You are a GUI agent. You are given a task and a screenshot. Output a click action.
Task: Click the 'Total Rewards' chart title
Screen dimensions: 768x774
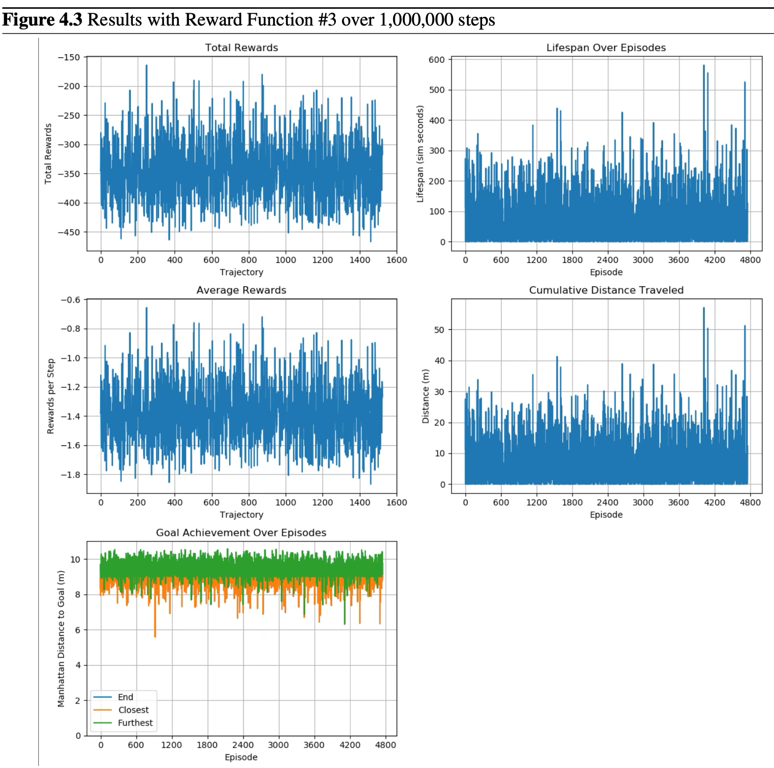point(241,48)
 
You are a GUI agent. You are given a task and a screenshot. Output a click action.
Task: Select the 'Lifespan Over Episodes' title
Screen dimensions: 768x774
point(606,48)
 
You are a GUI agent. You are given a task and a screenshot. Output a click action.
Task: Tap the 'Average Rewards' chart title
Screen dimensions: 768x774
point(241,290)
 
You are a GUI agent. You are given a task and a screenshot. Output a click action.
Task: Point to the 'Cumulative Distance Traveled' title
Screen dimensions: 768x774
point(606,290)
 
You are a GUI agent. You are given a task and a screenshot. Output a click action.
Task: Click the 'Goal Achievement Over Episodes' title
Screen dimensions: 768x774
point(241,532)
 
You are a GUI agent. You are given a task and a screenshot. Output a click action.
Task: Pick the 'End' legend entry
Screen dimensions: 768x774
point(125,697)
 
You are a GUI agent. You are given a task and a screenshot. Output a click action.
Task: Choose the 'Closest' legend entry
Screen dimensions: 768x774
point(133,710)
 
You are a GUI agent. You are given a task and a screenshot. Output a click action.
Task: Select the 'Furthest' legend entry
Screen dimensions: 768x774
point(135,722)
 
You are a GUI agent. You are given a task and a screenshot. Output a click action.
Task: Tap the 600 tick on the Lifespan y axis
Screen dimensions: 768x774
point(437,59)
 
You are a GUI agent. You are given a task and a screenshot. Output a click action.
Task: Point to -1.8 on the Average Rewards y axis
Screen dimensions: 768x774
point(71,475)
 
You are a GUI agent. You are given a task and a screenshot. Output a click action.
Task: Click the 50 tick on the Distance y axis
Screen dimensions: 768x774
point(439,330)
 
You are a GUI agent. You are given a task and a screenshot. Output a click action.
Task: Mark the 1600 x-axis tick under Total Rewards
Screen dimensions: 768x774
point(396,260)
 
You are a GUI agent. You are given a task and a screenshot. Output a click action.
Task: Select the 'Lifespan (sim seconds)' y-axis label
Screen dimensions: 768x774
point(420,154)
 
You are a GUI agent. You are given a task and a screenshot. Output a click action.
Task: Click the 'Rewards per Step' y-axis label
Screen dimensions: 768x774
point(51,396)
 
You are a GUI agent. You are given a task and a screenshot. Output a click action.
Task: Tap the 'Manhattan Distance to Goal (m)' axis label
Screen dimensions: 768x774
point(61,639)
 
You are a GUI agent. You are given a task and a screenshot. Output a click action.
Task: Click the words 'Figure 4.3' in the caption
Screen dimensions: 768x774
point(43,20)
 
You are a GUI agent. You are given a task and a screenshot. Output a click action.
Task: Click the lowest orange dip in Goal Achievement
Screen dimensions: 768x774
point(155,636)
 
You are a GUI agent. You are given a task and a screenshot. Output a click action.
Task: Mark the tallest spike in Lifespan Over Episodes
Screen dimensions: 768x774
point(703,66)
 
